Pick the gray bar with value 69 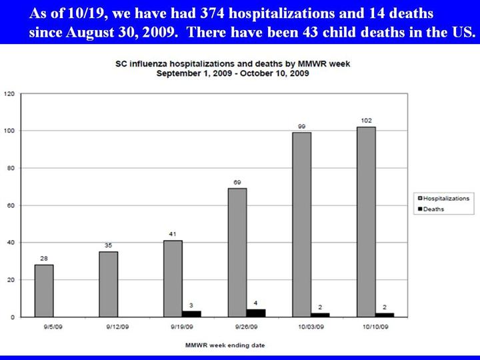[x=237, y=253]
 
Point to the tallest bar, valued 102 [x=366, y=222]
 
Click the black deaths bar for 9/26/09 [x=255, y=313]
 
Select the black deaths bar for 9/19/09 [x=191, y=313]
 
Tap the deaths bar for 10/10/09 [x=385, y=315]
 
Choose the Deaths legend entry [x=433, y=209]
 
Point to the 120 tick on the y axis [x=9, y=93]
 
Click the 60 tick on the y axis [x=11, y=205]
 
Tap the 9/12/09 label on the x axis [x=117, y=327]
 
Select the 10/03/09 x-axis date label [x=311, y=327]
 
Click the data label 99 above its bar [x=301, y=126]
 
